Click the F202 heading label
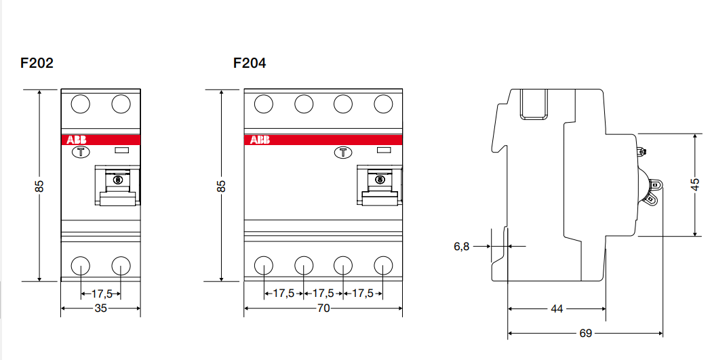37,63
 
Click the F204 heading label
250,63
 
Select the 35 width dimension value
100,308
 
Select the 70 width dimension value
323,308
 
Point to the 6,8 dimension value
461,247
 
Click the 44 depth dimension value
557,308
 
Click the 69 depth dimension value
585,333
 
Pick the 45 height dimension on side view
695,184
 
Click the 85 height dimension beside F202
39,185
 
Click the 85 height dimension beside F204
221,185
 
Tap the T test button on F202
81,152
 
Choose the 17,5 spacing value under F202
101,294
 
